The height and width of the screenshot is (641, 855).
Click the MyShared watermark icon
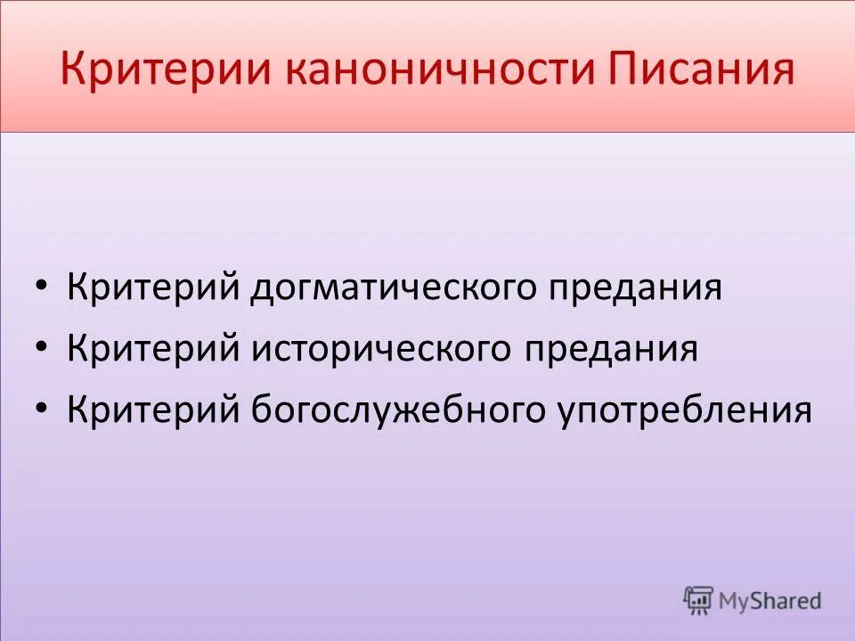698,599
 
